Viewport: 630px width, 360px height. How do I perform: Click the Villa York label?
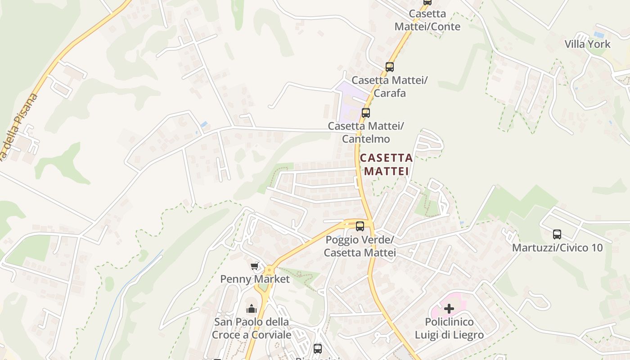[x=588, y=44]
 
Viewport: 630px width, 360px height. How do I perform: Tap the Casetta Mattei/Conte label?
[x=427, y=20]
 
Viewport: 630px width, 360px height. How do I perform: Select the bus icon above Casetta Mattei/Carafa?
[x=390, y=67]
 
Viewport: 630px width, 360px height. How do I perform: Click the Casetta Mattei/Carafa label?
[x=389, y=86]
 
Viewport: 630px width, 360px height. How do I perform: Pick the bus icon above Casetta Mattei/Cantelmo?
[x=366, y=113]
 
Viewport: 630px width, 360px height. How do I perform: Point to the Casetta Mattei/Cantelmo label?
[x=365, y=132]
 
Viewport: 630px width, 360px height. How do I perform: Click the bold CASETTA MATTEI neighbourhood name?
[x=387, y=164]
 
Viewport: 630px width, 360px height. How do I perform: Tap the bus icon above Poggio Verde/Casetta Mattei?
[x=360, y=226]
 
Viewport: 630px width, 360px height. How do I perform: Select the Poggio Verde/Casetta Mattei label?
[x=360, y=246]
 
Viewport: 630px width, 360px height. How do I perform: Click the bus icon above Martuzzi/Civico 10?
[x=557, y=234]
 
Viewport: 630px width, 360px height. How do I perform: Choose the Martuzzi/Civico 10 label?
[x=557, y=248]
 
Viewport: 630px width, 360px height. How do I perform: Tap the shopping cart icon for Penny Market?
[x=255, y=266]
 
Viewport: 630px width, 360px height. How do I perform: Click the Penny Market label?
[x=255, y=279]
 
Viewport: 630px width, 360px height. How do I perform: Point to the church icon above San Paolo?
[x=251, y=309]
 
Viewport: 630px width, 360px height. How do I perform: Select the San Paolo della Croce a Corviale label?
[x=251, y=328]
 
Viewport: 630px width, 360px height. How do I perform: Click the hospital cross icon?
[x=449, y=309]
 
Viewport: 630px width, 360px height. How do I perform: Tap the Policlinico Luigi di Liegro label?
[x=449, y=328]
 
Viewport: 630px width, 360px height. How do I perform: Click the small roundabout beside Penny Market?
[x=270, y=270]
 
